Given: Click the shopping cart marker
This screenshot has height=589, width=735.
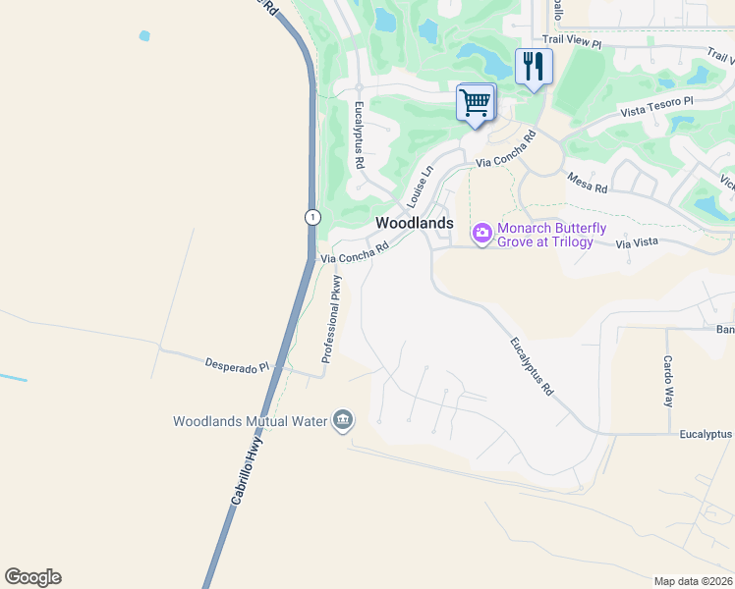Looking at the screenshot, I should (476, 102).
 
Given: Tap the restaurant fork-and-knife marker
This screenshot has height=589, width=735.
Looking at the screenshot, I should (534, 67).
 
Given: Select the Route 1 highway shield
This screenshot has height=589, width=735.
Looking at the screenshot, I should (311, 217).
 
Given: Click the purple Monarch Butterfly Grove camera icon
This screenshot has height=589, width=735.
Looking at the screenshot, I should (482, 234).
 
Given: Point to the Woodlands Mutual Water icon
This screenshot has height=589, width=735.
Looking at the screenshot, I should (343, 420).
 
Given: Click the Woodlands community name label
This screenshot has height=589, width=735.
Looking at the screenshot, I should (415, 223).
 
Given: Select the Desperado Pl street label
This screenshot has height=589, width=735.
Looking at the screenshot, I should (236, 365).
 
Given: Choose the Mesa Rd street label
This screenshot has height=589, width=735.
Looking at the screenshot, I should (587, 183).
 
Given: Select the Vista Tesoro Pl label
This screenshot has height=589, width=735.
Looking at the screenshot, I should (656, 106).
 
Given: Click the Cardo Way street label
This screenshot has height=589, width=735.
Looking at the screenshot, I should (667, 381).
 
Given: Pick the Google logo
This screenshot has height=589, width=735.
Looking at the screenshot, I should (32, 577).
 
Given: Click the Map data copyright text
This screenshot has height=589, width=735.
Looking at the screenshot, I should (694, 581).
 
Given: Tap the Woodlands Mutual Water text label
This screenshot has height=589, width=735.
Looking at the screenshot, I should (249, 421).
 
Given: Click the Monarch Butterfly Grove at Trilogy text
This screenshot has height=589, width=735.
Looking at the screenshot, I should (545, 235).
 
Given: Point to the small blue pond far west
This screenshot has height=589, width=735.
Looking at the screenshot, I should (144, 36).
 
